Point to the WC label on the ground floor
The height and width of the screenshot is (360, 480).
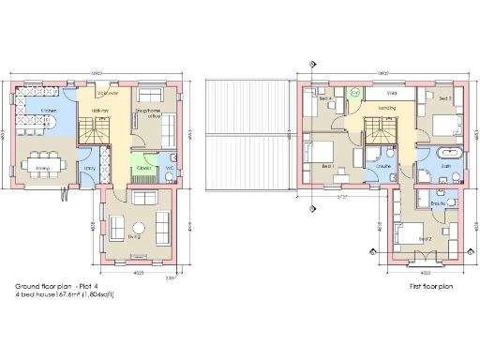tap(170, 168)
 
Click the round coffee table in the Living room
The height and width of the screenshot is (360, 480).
tap(139, 228)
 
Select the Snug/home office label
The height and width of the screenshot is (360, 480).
tap(150, 111)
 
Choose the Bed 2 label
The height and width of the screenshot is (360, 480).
tap(425, 238)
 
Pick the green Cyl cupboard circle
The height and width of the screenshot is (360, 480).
tap(354, 92)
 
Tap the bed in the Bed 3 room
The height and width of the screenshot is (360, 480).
tap(447, 121)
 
